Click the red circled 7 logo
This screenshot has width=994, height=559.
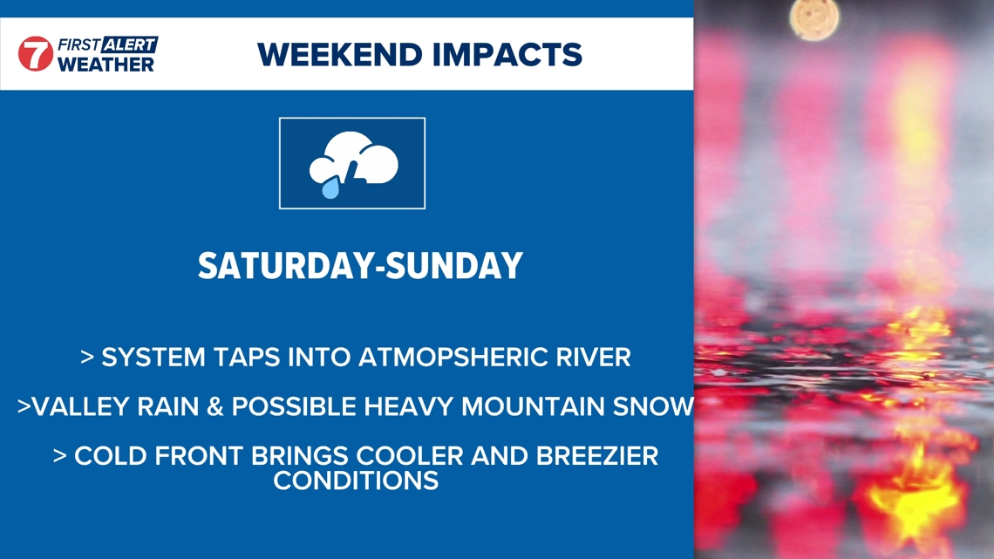coord(36,53)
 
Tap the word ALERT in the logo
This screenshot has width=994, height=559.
coord(129,44)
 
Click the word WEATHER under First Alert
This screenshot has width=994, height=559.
coord(106,64)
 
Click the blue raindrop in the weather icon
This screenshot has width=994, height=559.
coord(330,188)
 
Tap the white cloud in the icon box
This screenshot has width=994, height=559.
coord(354,159)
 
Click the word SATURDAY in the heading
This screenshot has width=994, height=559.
coord(286,266)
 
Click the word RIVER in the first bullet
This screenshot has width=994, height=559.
coord(594,358)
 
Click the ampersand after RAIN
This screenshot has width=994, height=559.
coord(215,407)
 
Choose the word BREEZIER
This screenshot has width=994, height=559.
coord(597,456)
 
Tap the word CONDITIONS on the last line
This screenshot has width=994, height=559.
coord(356,481)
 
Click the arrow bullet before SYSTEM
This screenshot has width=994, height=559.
coord(87,358)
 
